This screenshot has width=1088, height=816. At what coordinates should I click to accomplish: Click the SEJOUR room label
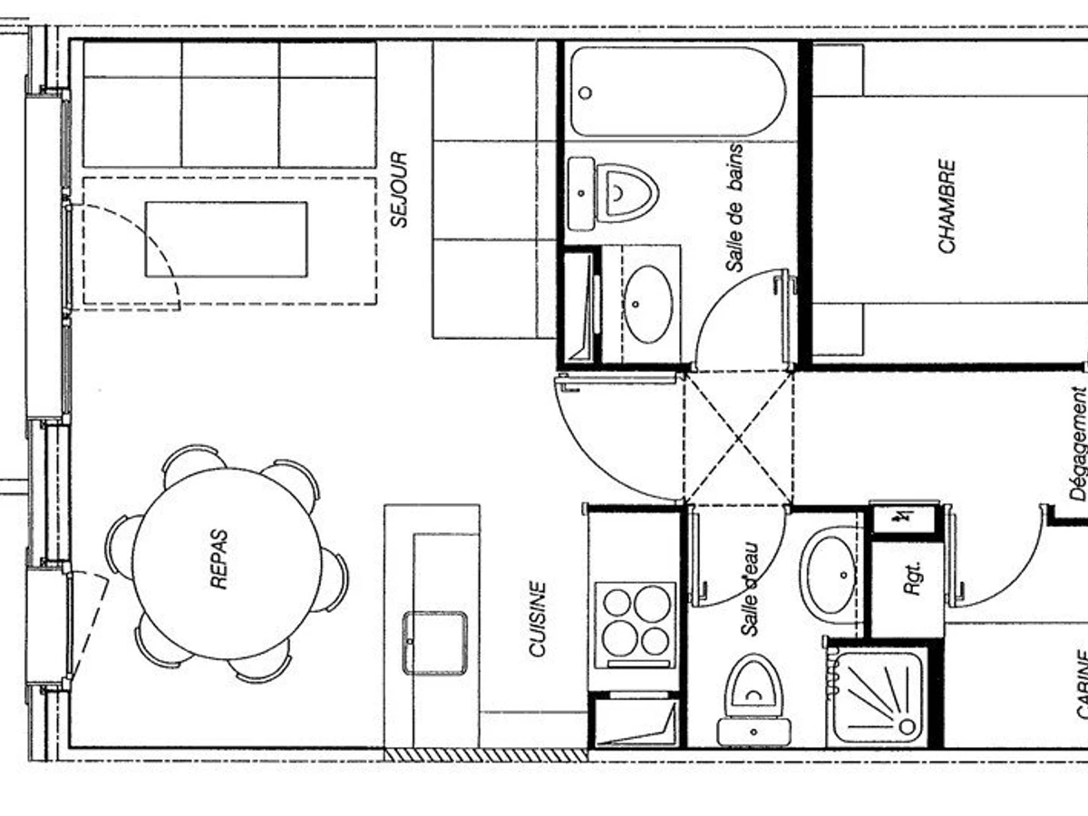tap(399, 189)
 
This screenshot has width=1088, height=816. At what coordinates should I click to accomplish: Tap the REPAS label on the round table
tap(219, 559)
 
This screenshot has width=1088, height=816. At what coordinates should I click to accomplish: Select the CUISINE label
tap(538, 619)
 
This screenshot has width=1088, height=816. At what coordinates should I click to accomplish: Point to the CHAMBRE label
tap(947, 206)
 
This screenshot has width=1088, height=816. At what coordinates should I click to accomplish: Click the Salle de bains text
tap(734, 209)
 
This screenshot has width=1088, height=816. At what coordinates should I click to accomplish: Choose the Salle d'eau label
tap(750, 589)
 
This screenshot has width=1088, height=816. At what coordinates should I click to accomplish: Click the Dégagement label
tap(1078, 443)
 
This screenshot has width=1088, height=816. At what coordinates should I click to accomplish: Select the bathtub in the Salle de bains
tap(677, 92)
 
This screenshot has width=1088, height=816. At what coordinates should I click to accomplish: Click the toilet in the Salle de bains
tap(614, 194)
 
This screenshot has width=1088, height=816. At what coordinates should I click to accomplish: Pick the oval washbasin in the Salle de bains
tap(648, 304)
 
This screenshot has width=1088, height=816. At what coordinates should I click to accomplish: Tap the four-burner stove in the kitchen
tap(636, 627)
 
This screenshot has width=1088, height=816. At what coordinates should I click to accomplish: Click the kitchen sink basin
tap(435, 643)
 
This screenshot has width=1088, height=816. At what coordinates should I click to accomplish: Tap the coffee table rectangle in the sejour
tap(227, 239)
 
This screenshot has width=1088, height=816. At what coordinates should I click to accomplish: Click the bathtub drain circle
tap(586, 92)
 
